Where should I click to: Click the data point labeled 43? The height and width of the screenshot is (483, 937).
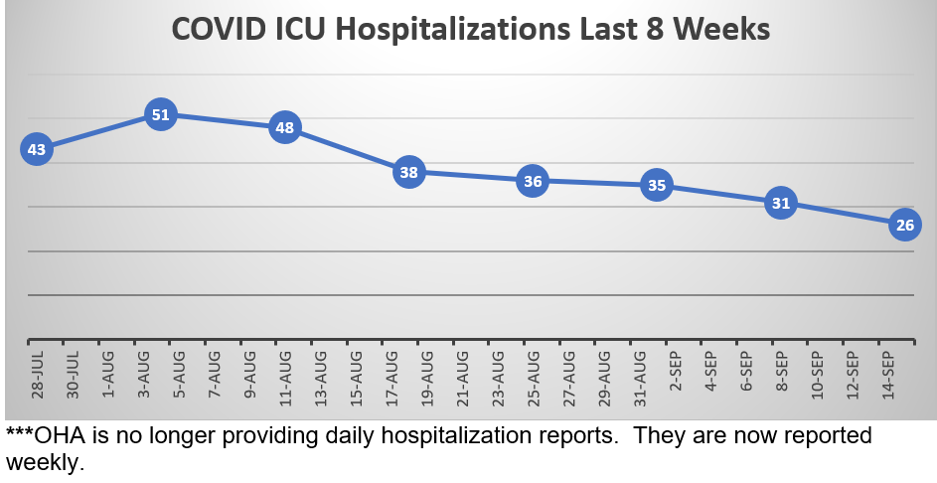(37, 150)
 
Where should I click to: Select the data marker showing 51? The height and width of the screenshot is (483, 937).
(160, 115)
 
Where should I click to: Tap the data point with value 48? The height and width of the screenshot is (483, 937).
(285, 127)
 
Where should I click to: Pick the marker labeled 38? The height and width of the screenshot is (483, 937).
(408, 172)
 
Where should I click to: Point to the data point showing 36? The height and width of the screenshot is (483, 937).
(533, 181)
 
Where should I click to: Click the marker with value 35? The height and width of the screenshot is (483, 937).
(656, 185)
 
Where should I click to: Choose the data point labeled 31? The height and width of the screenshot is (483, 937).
(781, 204)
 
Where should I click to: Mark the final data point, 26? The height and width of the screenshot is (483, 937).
(905, 225)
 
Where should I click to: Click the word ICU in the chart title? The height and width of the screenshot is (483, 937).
(299, 29)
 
